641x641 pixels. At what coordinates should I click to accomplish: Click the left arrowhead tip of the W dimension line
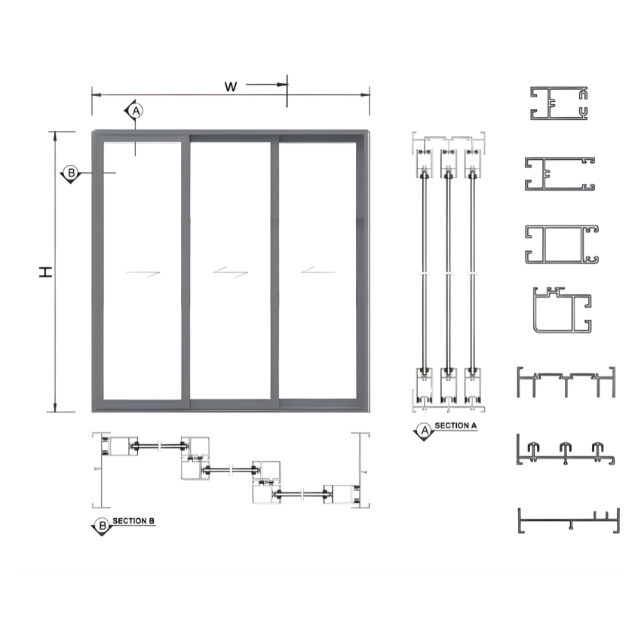[92, 95]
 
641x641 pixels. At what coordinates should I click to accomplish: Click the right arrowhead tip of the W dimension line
[370, 95]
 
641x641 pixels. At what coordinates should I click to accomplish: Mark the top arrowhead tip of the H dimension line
[55, 132]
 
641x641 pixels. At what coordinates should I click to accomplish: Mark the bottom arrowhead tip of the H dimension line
[55, 412]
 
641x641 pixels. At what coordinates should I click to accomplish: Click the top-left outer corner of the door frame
[93, 130]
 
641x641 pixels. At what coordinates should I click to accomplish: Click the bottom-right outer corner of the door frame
[370, 412]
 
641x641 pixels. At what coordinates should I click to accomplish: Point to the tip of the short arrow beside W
[287, 84]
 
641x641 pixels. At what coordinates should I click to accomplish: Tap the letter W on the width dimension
[231, 87]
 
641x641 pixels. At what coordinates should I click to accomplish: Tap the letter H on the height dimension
[46, 271]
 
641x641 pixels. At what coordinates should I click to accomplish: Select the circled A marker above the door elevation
[136, 110]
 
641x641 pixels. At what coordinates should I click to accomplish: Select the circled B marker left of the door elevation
[71, 173]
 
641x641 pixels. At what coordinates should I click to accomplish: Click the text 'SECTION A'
[455, 425]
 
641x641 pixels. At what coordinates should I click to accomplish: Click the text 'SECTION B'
[133, 521]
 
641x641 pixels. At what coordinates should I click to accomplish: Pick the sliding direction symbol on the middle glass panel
[231, 271]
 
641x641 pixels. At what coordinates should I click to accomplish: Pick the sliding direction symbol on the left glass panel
[143, 274]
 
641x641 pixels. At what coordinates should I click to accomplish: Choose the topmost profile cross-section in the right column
[559, 103]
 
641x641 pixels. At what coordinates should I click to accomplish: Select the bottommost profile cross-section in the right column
[569, 520]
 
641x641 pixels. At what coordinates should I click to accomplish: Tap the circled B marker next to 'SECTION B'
[103, 526]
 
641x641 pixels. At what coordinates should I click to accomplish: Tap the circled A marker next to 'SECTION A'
[425, 430]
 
